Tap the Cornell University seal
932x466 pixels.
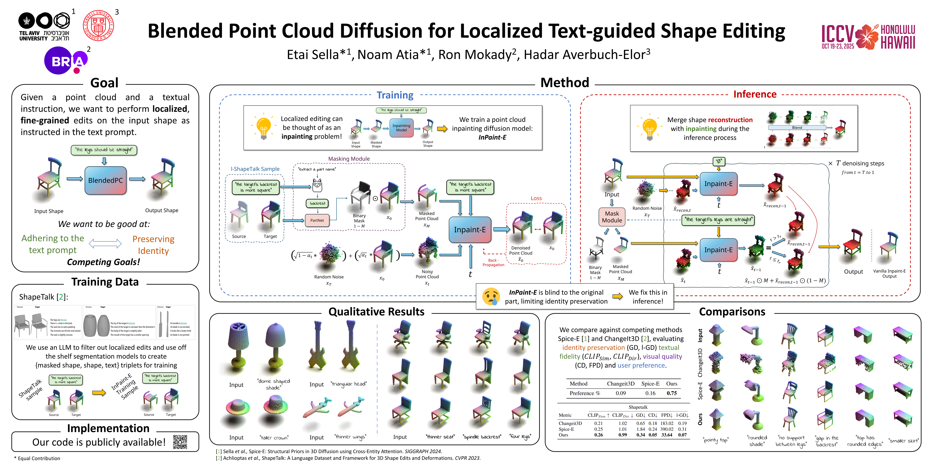[98, 25]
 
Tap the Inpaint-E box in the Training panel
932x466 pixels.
[470, 230]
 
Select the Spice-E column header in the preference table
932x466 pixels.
[650, 384]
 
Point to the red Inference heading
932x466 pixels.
[755, 94]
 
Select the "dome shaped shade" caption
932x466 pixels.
[274, 384]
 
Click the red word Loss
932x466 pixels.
[536, 198]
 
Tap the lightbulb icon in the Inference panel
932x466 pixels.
[649, 129]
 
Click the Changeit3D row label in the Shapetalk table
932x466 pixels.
[570, 423]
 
